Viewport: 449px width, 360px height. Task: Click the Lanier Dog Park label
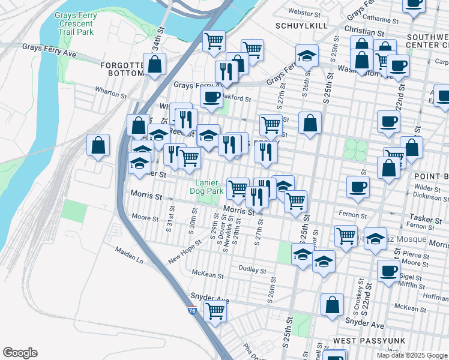(207, 187)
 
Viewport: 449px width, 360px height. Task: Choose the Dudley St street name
(252, 270)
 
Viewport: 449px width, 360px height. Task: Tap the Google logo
(20, 353)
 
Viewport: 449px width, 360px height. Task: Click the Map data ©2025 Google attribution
(412, 355)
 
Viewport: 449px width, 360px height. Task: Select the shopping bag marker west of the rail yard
(98, 146)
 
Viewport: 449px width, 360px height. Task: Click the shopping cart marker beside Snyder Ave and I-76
(215, 312)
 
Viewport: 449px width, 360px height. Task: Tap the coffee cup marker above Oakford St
(211, 97)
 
